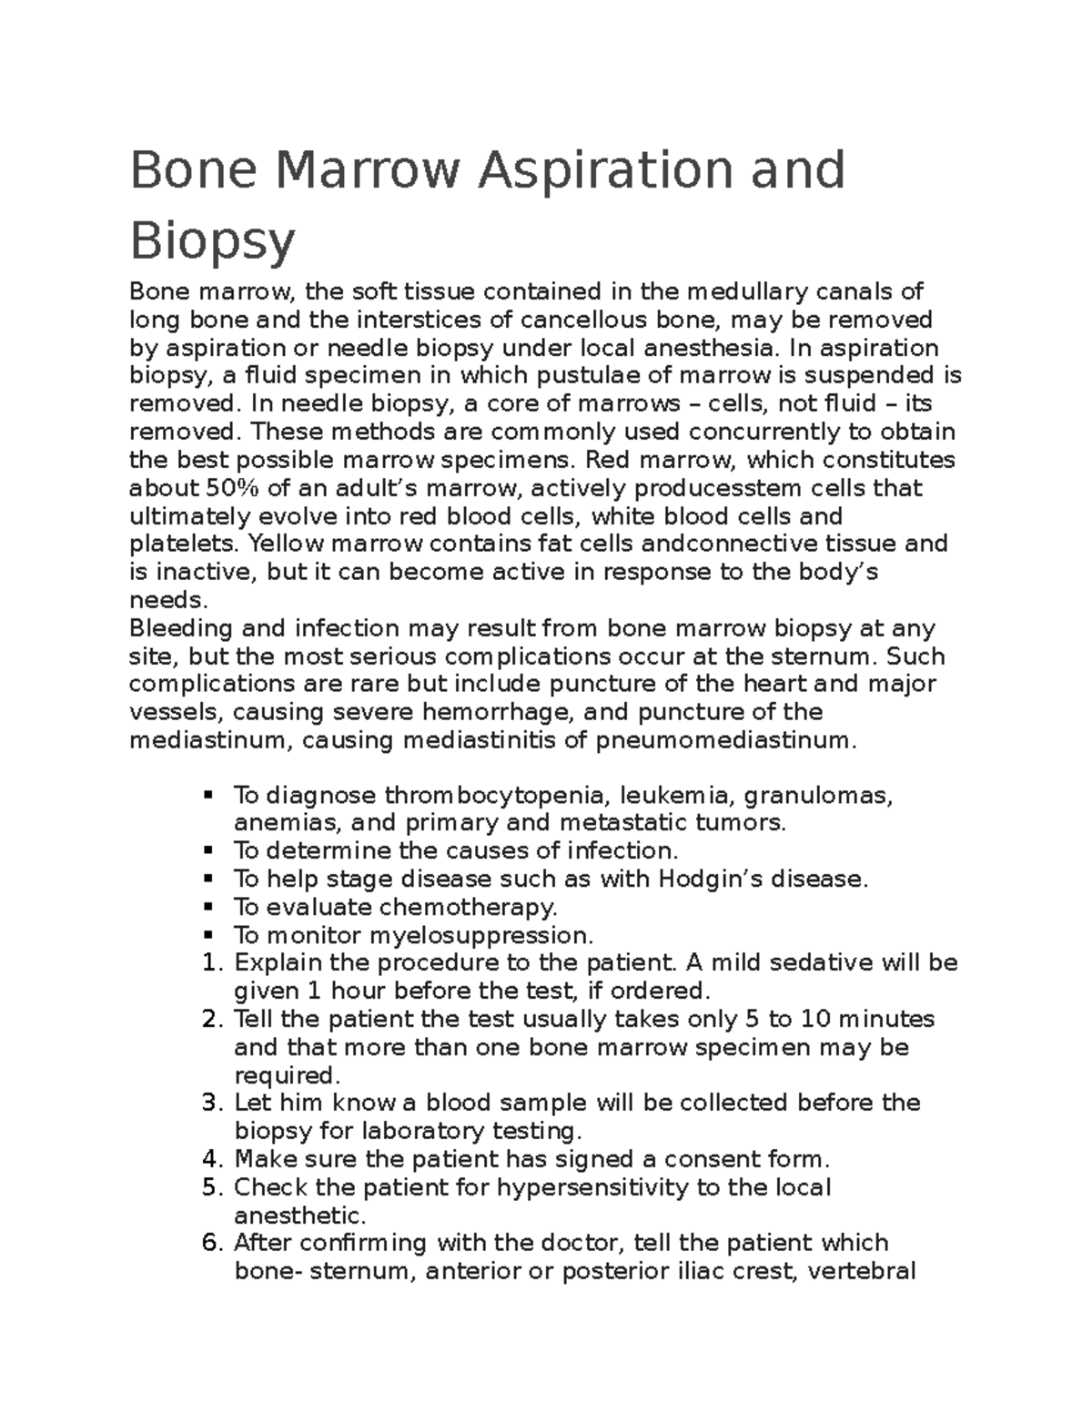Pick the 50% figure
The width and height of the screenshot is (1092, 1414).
pos(207,488)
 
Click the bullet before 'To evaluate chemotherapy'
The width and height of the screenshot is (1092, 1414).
pos(209,907)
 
